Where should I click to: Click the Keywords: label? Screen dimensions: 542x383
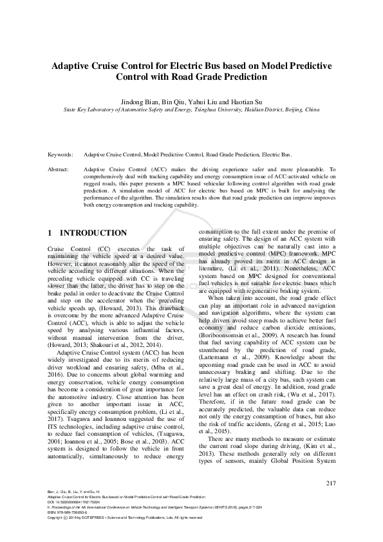[x=61, y=155]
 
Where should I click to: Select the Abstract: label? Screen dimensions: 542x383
[x=59, y=168]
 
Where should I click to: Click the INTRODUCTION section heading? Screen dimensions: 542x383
[x=93, y=232]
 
